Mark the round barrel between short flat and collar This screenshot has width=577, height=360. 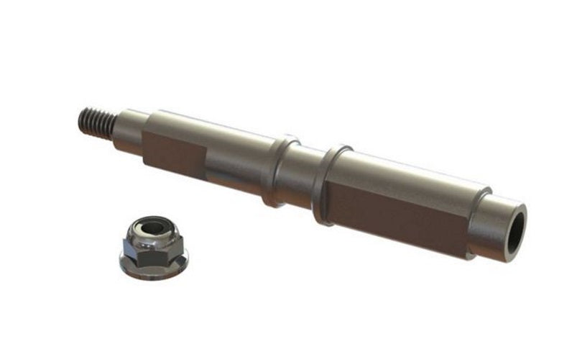(x=237, y=162)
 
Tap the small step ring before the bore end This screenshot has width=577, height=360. (x=480, y=216)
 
